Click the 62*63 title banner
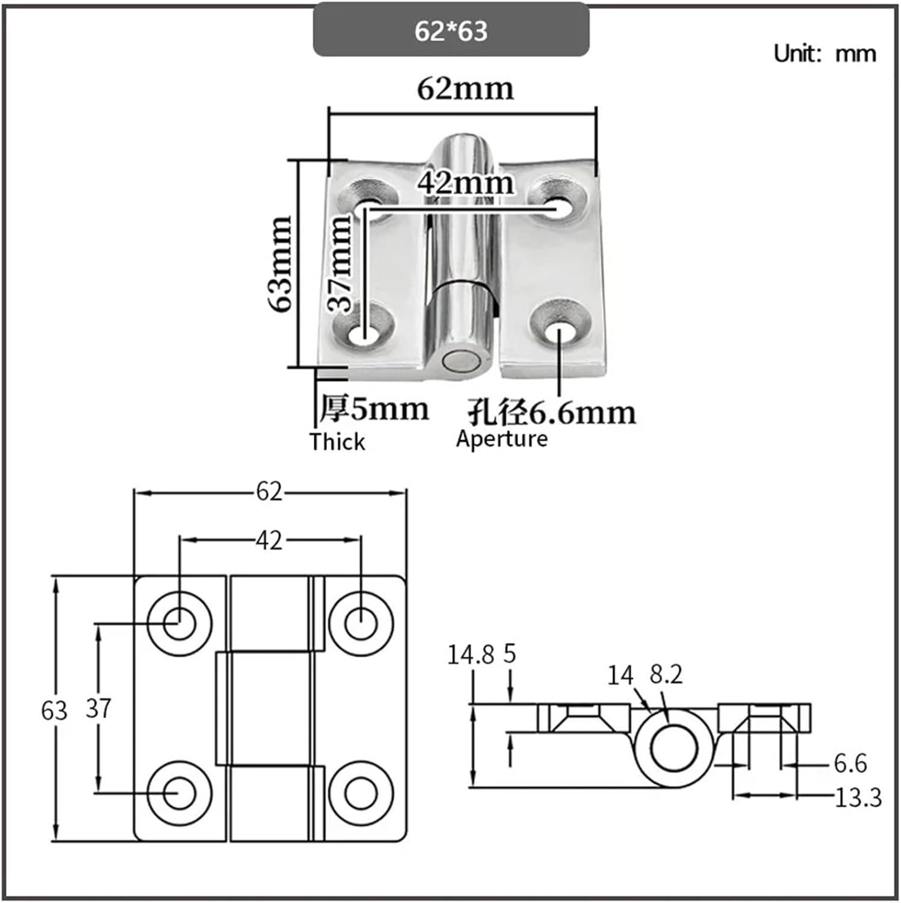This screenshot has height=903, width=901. coord(450,30)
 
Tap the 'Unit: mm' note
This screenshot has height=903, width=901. coord(825,54)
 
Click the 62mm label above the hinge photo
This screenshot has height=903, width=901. coord(465,89)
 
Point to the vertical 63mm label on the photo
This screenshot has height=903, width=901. coord(281,264)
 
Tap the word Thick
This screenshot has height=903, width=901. coord(337,442)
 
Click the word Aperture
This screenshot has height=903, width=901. coord(502,438)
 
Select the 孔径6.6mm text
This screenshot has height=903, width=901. coord(552,412)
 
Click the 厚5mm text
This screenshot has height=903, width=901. coord(374,409)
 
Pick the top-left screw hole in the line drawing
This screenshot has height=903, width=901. coord(179,622)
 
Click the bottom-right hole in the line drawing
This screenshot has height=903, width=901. coord(361,793)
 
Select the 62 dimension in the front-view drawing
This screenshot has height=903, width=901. coord(269,492)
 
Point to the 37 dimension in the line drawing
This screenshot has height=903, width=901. coord(98,708)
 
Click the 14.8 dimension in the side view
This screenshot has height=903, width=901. coord(470,654)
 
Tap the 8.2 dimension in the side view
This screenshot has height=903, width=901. coord(666,675)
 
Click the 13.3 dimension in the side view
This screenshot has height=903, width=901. coord(858,798)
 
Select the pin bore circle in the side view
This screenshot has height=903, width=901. coord(673,748)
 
